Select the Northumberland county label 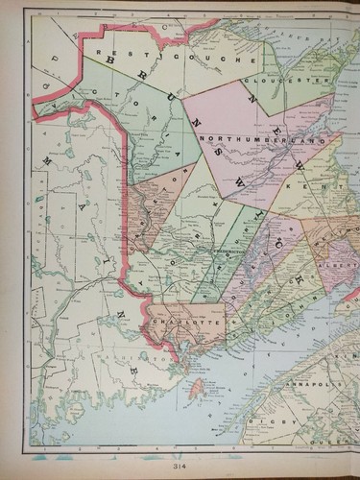tap(255, 141)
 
